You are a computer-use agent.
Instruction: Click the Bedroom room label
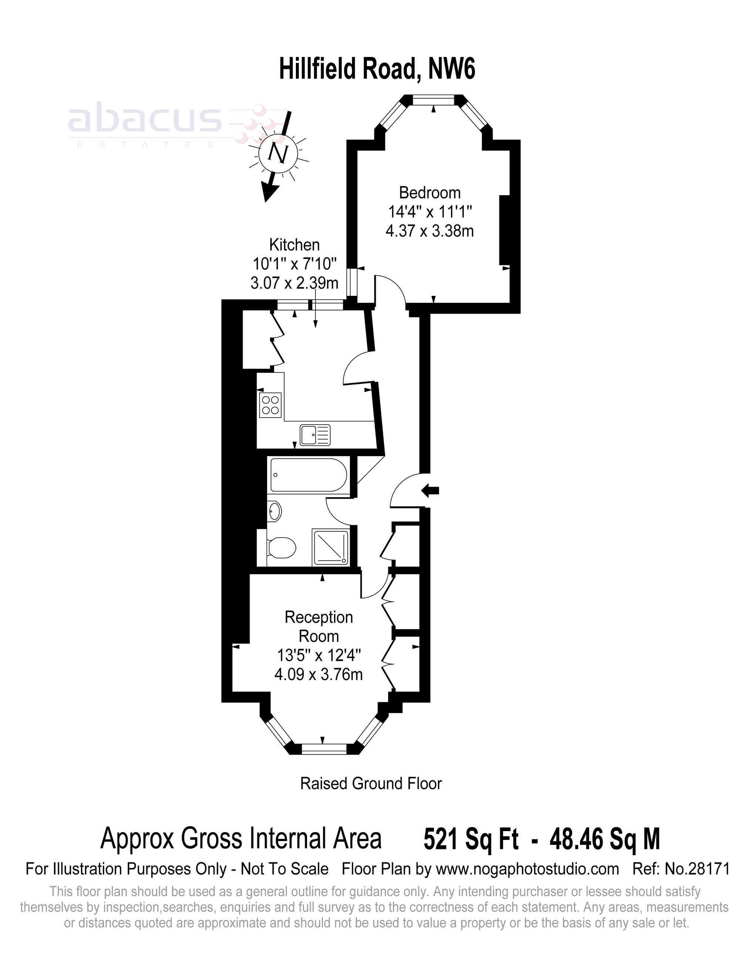(x=429, y=193)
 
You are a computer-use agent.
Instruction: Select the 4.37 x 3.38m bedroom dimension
(x=429, y=231)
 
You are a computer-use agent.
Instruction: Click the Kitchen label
(x=294, y=244)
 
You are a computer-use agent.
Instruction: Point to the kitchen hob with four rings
(x=270, y=405)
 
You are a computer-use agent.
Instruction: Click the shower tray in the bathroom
(x=331, y=547)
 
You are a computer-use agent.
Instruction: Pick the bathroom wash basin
(x=275, y=511)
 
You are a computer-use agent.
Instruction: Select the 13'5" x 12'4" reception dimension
(x=318, y=655)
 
